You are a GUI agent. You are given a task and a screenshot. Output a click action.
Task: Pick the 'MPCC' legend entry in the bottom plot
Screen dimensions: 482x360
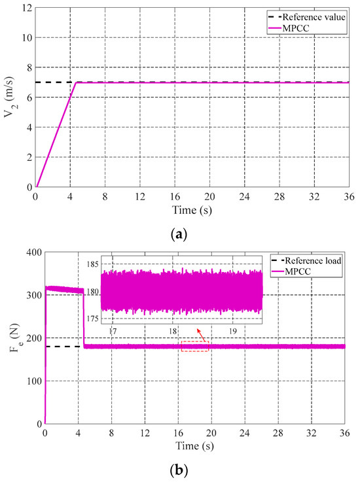307,273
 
